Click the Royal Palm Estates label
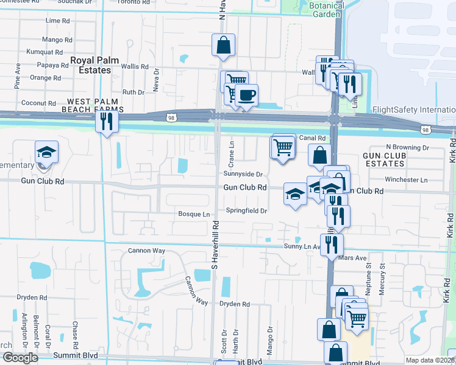tap(90, 65)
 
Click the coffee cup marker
tap(247, 95)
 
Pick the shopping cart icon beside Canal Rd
tap(282, 147)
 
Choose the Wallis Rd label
tap(135, 66)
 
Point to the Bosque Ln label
tap(193, 214)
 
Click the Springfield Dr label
tap(247, 210)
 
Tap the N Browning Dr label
tap(408, 147)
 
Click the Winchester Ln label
tap(407, 180)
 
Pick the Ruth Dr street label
tap(133, 92)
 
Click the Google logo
tap(20, 358)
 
